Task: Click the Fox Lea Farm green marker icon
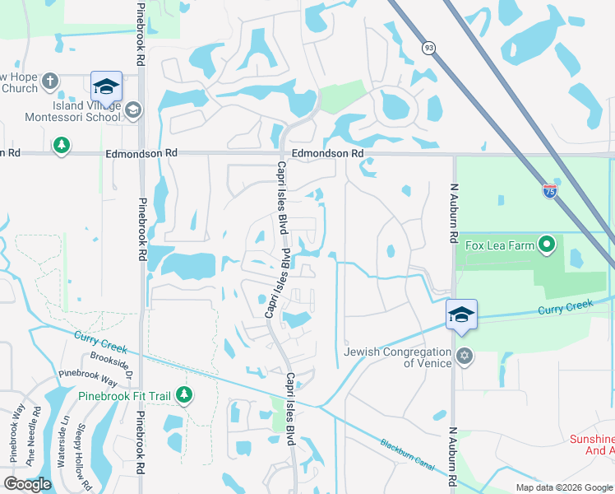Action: coord(546,245)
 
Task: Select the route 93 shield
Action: coord(428,49)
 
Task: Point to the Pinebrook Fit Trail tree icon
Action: coord(184,396)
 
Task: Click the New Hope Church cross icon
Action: coord(50,82)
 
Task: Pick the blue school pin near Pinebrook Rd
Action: coord(106,86)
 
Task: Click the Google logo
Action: coord(27,484)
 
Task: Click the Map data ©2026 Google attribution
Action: coord(563,487)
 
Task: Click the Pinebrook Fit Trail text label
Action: coord(124,396)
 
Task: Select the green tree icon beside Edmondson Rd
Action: coord(61,146)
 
